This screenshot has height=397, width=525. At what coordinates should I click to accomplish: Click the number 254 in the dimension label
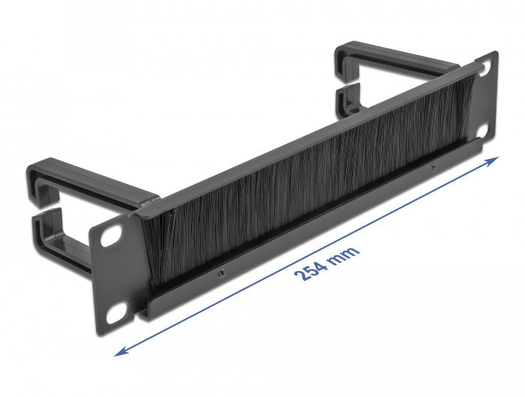coord(310,264)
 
